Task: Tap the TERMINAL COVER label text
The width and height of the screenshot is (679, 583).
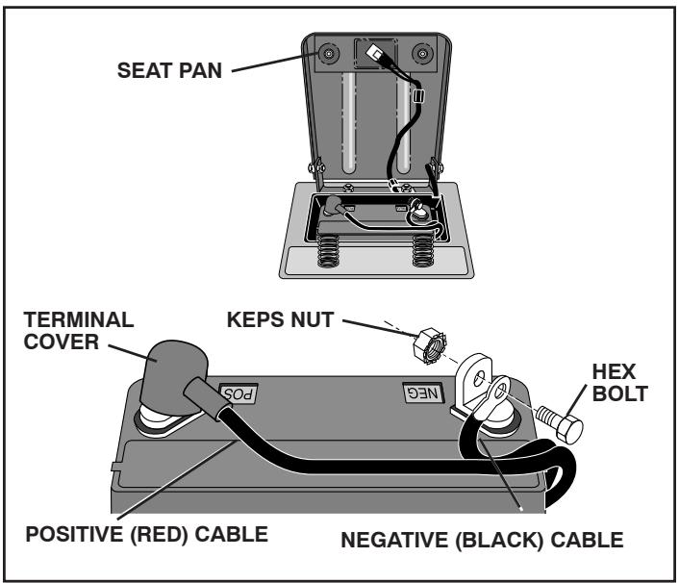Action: click(x=63, y=329)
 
